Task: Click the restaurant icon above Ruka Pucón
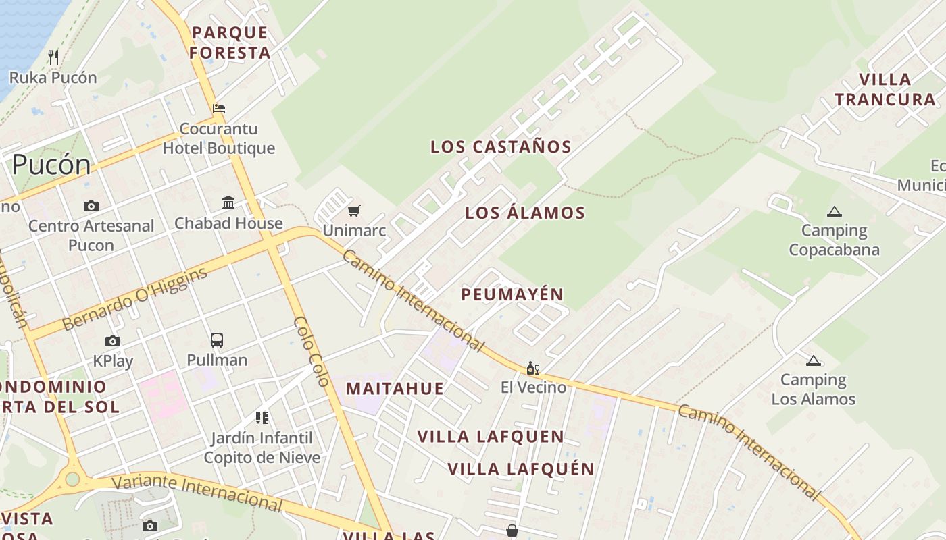click(54, 57)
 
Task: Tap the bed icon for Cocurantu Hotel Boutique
click(219, 108)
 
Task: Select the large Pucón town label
click(51, 165)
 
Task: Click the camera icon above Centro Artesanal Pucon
click(91, 206)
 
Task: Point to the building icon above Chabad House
click(228, 202)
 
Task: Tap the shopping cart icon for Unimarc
click(354, 211)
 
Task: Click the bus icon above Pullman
click(217, 340)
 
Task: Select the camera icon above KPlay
click(113, 341)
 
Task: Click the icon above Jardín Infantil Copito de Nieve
click(262, 418)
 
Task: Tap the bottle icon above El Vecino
click(533, 368)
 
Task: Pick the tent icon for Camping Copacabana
click(835, 211)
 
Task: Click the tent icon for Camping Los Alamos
click(813, 360)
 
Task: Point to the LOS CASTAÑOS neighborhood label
click(501, 146)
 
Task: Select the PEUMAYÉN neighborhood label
click(512, 294)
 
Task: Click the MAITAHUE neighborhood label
click(395, 388)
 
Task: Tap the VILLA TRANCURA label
click(885, 89)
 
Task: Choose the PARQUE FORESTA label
click(230, 42)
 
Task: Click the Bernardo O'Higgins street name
click(134, 299)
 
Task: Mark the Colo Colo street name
click(312, 351)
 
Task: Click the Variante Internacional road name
click(197, 492)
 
